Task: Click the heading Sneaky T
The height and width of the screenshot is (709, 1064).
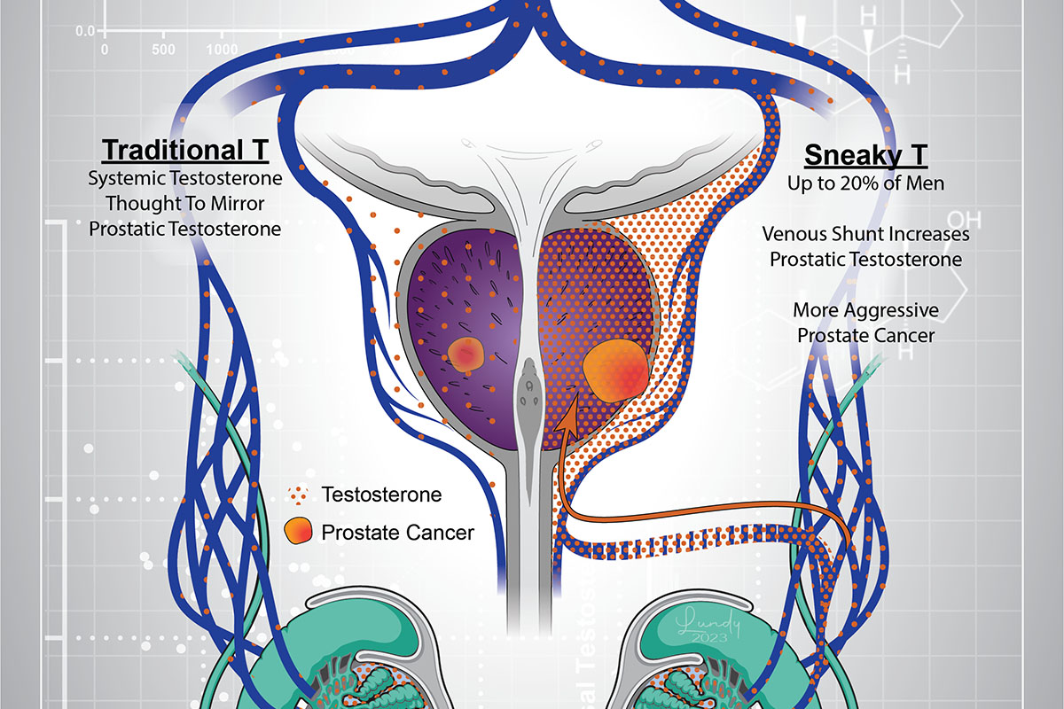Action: pos(865,156)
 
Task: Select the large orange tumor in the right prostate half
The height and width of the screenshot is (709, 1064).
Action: pos(615,369)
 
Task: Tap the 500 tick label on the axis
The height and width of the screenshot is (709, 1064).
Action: pos(164,50)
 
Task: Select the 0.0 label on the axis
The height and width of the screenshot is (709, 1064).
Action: pos(86,31)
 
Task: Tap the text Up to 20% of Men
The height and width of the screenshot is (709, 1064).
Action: pos(865,184)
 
